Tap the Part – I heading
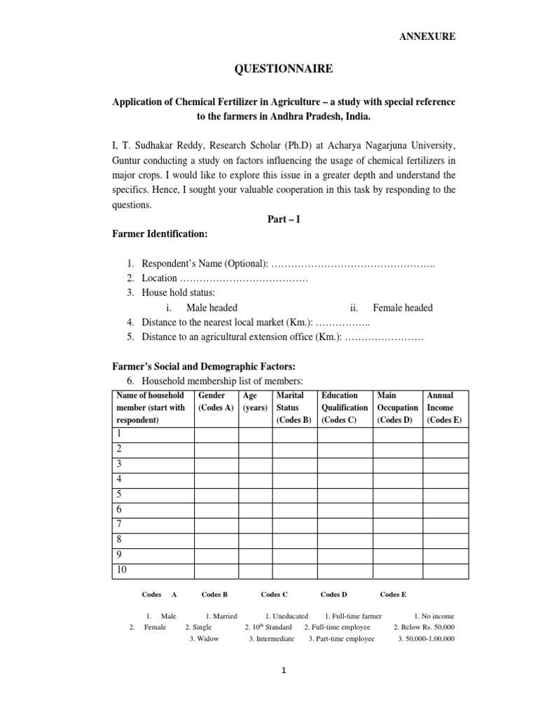pyautogui.click(x=284, y=219)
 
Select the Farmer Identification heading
pyautogui.click(x=160, y=233)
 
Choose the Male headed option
pyautogui.click(x=212, y=307)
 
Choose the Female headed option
pyautogui.click(x=402, y=307)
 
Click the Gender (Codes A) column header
pyautogui.click(x=216, y=407)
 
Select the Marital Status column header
pyautogui.click(x=294, y=407)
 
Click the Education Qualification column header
pyautogui.click(x=345, y=407)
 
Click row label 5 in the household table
pyautogui.click(x=119, y=494)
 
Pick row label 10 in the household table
pyautogui.click(x=122, y=570)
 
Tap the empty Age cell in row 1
pyautogui.click(x=255, y=435)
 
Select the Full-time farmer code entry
pyautogui.click(x=353, y=616)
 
